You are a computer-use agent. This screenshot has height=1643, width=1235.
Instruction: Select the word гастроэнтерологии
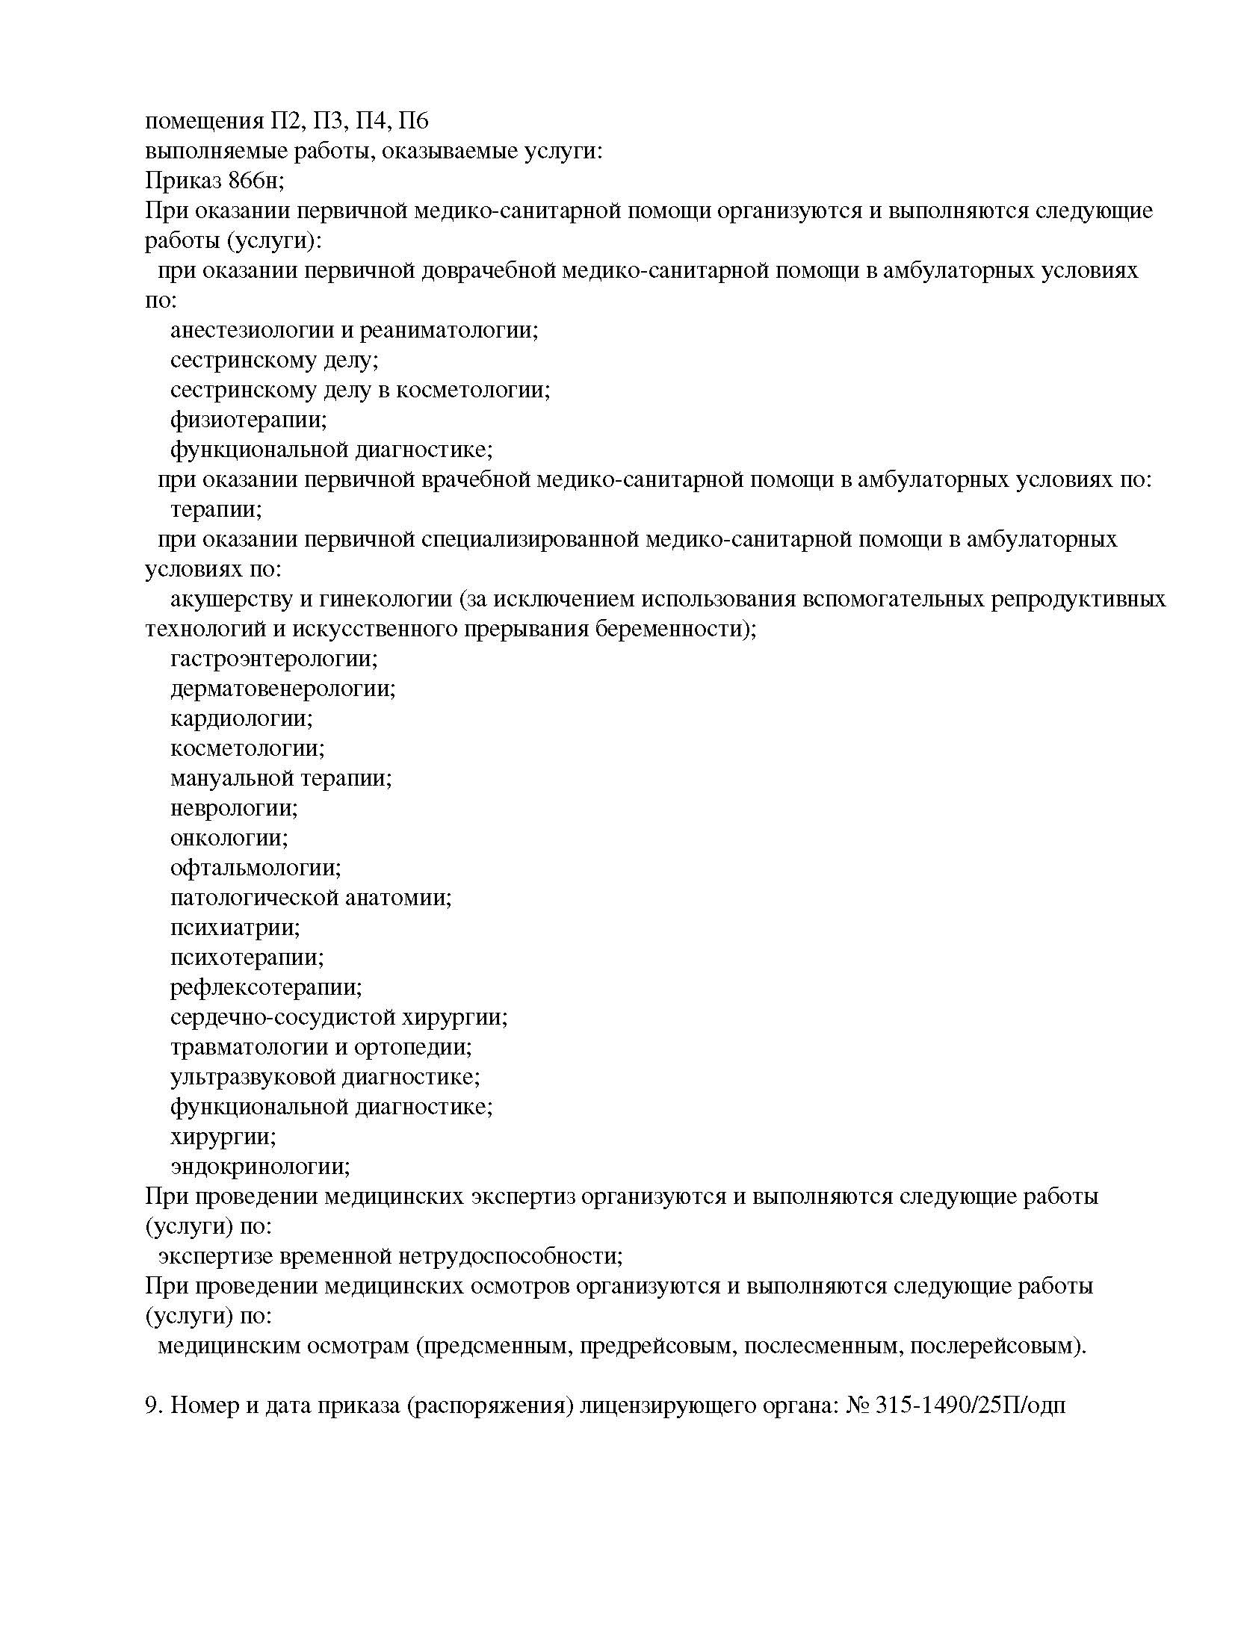pos(273,659)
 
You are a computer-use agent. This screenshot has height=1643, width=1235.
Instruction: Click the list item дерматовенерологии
pos(282,689)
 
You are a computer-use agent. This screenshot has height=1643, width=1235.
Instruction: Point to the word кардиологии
pos(241,719)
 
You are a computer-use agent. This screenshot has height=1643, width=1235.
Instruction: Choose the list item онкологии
pos(229,839)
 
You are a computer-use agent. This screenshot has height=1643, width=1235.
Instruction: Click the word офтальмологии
pos(255,869)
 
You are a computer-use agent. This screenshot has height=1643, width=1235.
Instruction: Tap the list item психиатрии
pos(235,928)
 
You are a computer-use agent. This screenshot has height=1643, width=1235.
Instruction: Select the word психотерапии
pos(247,958)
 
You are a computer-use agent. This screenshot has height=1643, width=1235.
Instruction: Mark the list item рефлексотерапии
pos(265,988)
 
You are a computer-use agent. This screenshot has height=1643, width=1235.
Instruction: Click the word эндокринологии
pos(259,1167)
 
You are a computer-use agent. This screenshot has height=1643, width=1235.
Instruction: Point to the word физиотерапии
pos(248,420)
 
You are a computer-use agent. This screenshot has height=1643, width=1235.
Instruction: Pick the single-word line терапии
pos(215,510)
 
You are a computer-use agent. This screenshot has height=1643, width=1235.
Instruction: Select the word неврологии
pos(233,809)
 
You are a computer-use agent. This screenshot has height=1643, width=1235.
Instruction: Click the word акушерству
pos(234,600)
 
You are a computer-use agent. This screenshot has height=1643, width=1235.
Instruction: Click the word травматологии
pos(250,1048)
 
